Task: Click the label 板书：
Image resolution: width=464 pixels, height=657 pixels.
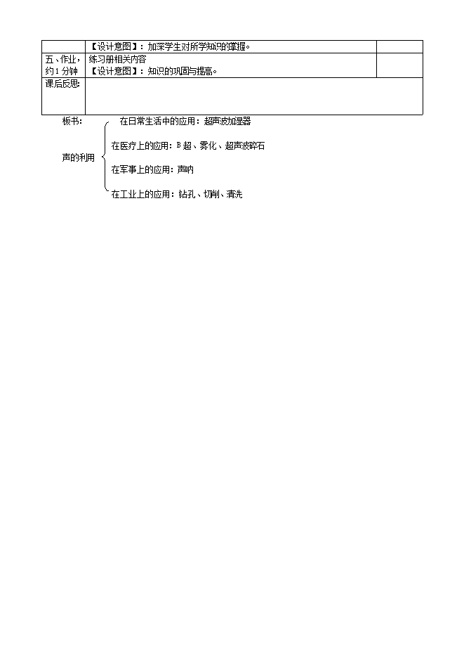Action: [72, 121]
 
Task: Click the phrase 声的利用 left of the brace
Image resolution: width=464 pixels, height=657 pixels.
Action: [78, 157]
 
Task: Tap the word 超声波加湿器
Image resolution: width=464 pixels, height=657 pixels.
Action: [227, 121]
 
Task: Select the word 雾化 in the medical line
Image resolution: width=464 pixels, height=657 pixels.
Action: [208, 145]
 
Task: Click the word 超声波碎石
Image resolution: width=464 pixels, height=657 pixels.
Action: [245, 145]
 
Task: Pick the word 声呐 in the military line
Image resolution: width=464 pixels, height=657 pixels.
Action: [185, 170]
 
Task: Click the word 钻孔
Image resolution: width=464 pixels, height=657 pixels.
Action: [187, 194]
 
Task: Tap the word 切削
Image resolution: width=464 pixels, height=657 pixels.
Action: [211, 194]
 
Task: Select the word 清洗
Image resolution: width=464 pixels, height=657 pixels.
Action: [234, 194]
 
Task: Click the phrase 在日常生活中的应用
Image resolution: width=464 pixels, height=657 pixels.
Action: [157, 121]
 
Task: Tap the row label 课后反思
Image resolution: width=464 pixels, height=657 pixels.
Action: [62, 84]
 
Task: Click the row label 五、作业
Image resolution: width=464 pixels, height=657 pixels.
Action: [61, 59]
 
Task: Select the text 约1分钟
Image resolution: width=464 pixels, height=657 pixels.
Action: [62, 71]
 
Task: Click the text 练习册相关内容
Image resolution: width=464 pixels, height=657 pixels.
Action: [117, 59]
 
